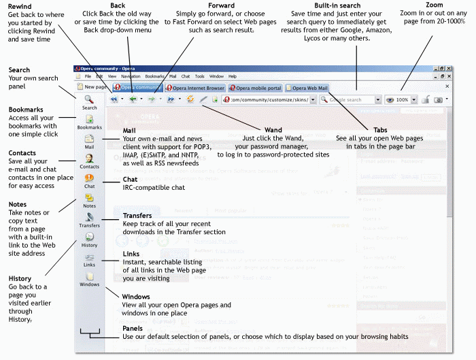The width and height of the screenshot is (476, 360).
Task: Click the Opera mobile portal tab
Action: [x=257, y=88]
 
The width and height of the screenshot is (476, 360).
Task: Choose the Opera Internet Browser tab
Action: [x=197, y=88]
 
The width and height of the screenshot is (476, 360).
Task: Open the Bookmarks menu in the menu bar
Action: [x=155, y=76]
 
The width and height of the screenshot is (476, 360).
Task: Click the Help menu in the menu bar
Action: [x=233, y=76]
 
